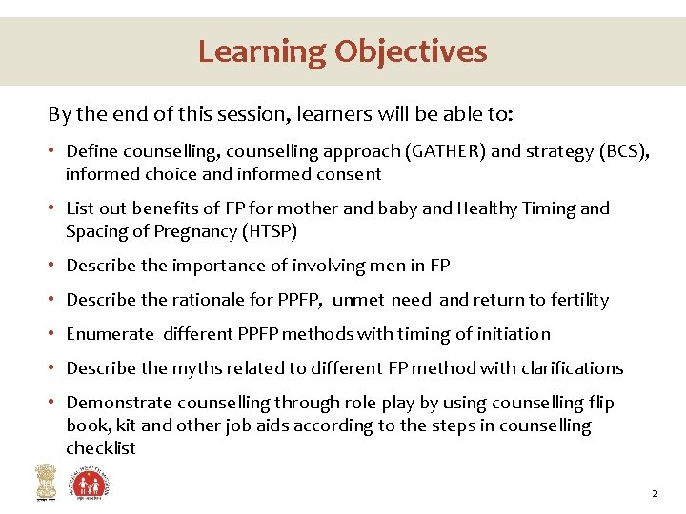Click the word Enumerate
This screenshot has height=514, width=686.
tap(110, 334)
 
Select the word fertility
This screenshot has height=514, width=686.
tap(575, 300)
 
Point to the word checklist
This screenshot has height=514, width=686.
tap(101, 448)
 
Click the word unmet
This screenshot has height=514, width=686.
tap(359, 300)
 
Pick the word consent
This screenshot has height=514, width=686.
tap(349, 174)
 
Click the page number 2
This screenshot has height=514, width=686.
tap(655, 494)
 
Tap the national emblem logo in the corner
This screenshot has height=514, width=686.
tap(45, 482)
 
